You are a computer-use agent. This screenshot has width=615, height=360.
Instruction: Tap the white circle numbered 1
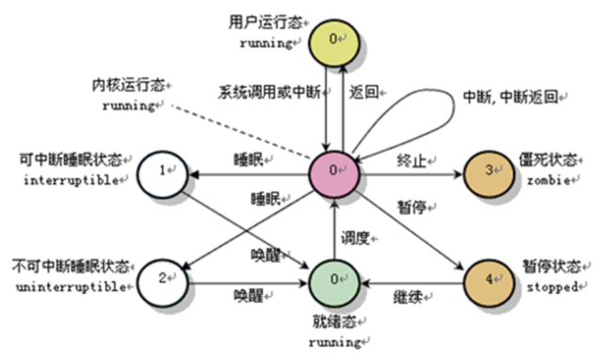pos(166,171)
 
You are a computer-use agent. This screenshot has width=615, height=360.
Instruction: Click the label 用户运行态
pos(258,20)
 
